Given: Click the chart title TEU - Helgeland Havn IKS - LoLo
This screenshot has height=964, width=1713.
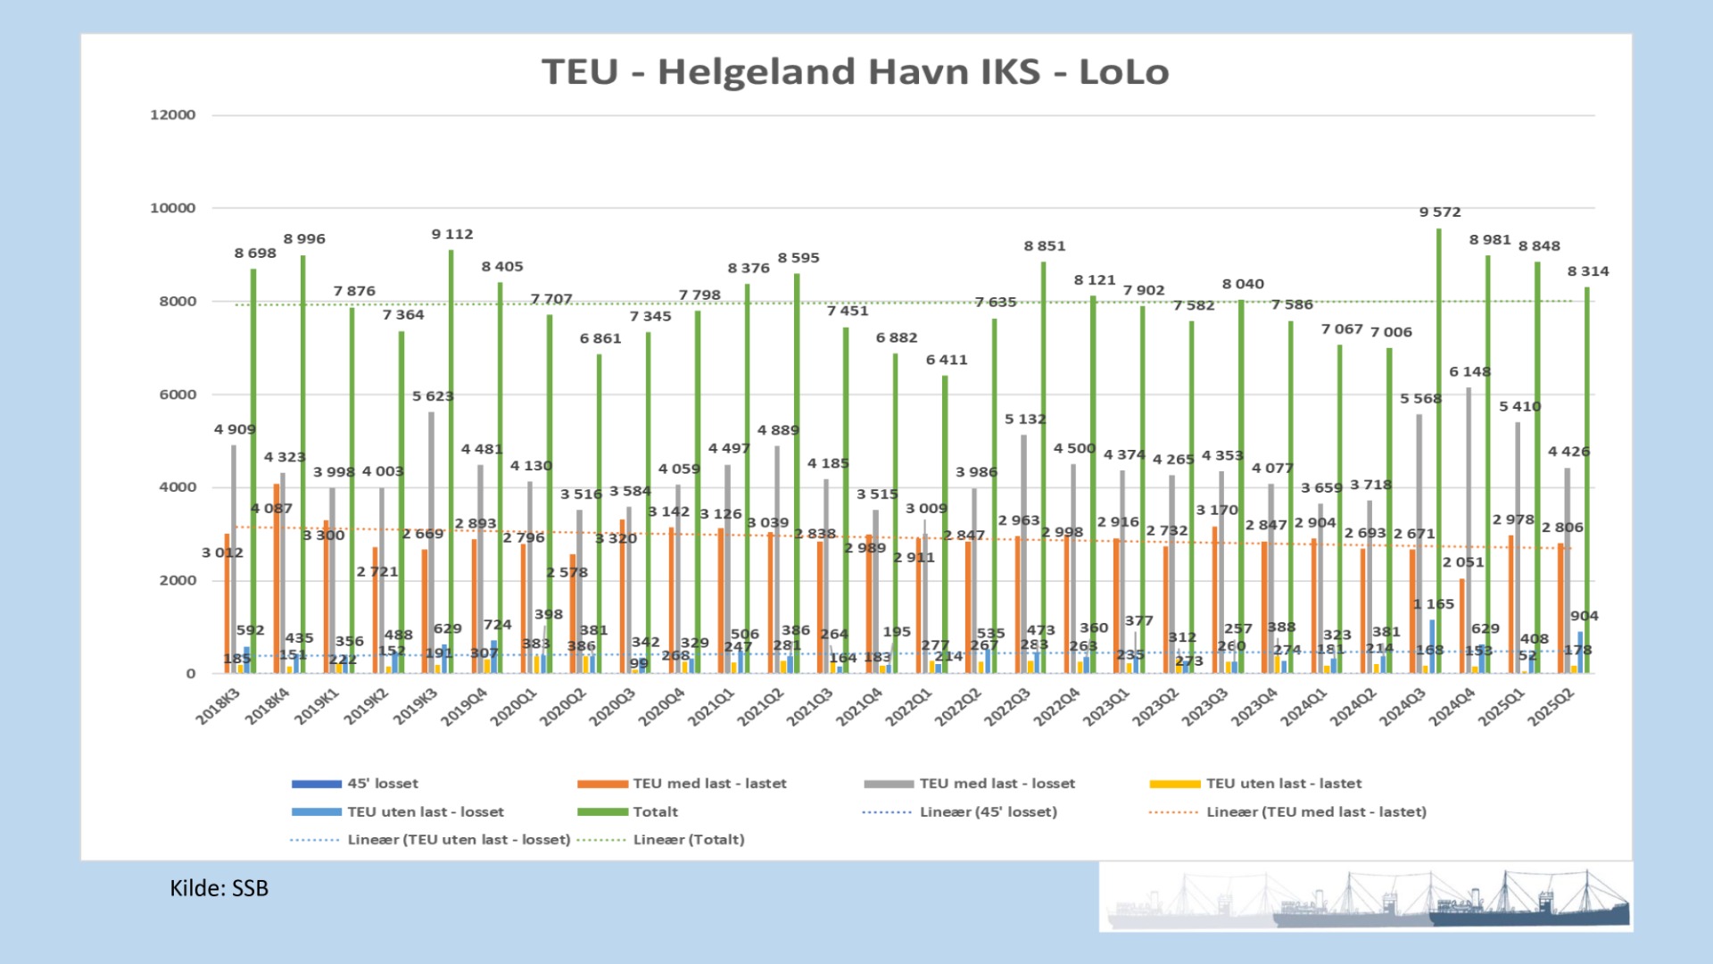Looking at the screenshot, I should (x=855, y=71).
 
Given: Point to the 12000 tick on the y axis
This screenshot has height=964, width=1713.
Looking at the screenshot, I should (x=172, y=115).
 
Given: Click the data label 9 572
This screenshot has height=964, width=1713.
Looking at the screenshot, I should (x=1440, y=212).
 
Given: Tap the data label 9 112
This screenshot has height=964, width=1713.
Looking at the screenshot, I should (x=452, y=235).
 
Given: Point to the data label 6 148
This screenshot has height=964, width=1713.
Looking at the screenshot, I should (x=1469, y=372).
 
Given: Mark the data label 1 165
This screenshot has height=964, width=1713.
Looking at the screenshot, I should (x=1434, y=604).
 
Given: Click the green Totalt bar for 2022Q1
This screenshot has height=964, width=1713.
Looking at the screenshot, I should (x=945, y=527).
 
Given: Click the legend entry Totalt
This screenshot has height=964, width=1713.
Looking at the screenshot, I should (x=655, y=812).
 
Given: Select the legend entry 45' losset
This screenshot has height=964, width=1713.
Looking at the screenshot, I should (x=382, y=784).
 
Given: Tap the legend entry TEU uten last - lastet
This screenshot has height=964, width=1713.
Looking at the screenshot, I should (x=1283, y=784).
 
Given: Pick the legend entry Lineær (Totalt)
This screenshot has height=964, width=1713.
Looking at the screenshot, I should (x=688, y=840).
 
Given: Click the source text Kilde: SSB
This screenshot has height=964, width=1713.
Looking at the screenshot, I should (x=219, y=888).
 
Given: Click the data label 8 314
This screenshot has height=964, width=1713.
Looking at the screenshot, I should (x=1588, y=271).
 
